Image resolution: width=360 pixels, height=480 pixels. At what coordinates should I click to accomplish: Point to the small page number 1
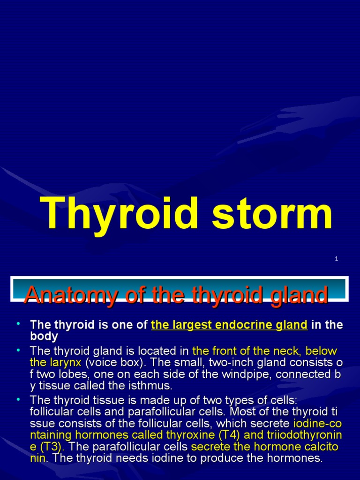click(x=337, y=259)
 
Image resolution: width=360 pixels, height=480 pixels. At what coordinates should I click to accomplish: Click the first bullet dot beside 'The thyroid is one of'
click(x=18, y=323)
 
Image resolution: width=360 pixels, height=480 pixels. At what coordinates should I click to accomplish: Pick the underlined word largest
click(x=185, y=325)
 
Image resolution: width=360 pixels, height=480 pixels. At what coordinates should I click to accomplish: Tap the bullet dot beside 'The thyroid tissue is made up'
click(x=18, y=399)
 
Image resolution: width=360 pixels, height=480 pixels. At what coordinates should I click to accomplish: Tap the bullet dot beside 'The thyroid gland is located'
click(x=18, y=350)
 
